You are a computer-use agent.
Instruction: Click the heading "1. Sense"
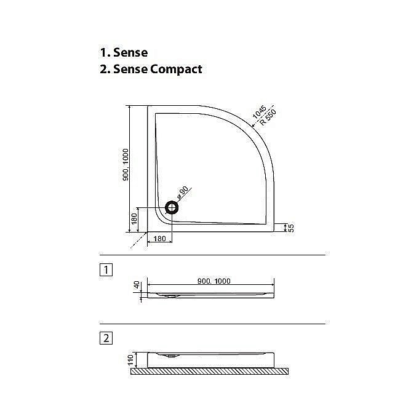pyautogui.click(x=124, y=52)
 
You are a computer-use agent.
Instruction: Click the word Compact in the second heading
pyautogui.click(x=176, y=70)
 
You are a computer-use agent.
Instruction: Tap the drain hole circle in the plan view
pyautogui.click(x=172, y=207)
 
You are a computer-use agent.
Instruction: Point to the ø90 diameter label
pyautogui.click(x=183, y=193)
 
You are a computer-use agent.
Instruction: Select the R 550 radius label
pyautogui.click(x=268, y=117)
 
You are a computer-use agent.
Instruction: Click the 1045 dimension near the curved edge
pyautogui.click(x=259, y=112)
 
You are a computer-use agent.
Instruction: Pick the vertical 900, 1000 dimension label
pyautogui.click(x=126, y=165)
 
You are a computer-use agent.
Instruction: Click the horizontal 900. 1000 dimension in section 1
pyautogui.click(x=214, y=281)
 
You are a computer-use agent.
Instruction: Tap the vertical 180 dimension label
pyautogui.click(x=134, y=219)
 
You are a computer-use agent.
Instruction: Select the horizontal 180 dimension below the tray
pyautogui.click(x=159, y=239)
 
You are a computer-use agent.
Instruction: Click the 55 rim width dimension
pyautogui.click(x=291, y=228)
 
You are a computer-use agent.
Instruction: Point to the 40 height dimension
pyautogui.click(x=137, y=285)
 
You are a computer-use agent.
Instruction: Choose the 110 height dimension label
pyautogui.click(x=130, y=360)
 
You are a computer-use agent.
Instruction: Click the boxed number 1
pyautogui.click(x=106, y=269)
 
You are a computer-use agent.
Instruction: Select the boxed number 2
pyautogui.click(x=106, y=338)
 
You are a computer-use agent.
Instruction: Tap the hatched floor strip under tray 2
pyautogui.click(x=209, y=371)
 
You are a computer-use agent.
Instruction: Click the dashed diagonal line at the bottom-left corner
pyautogui.click(x=138, y=240)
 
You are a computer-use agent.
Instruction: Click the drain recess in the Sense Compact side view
pyautogui.click(x=172, y=356)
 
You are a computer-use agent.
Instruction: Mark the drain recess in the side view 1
pyautogui.click(x=172, y=296)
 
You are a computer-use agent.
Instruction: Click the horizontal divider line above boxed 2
pyautogui.click(x=213, y=324)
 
